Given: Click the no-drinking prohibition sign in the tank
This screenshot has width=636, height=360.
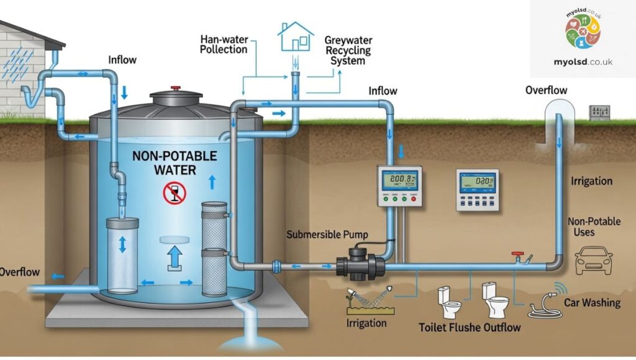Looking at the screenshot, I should (x=175, y=194).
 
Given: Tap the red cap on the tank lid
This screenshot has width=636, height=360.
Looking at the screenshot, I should (x=176, y=89).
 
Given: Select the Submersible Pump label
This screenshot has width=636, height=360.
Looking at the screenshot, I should (x=327, y=235).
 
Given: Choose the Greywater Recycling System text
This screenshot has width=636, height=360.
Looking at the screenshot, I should (x=348, y=50).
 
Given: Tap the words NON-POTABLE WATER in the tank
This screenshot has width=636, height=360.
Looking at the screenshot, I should (x=175, y=161).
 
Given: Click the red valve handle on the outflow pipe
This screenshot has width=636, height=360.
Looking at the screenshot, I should (x=516, y=254).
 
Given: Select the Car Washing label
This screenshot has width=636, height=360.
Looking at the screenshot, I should (x=592, y=303).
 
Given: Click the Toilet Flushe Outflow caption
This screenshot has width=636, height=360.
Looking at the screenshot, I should (x=470, y=326).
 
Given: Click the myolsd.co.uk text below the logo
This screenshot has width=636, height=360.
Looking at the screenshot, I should (x=583, y=62).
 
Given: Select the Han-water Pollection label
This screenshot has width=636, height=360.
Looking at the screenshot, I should (x=224, y=44).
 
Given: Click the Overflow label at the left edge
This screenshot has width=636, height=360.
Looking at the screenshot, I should (x=20, y=272).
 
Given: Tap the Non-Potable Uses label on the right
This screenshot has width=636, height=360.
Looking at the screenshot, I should (x=593, y=227).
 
